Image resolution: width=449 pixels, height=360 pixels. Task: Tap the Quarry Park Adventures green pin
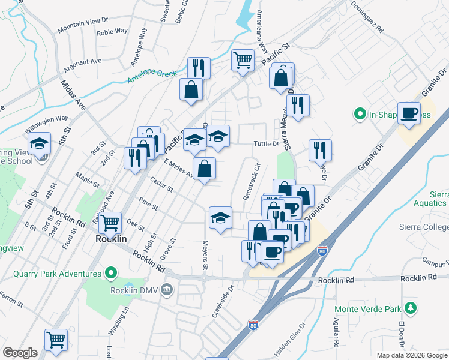110,274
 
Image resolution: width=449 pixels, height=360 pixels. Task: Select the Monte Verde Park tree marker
411,308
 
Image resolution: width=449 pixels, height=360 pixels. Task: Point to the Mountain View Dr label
83,26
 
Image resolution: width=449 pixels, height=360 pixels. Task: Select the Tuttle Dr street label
267,143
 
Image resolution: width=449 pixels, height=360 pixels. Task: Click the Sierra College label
424,227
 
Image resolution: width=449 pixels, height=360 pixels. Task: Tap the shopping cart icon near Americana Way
243,59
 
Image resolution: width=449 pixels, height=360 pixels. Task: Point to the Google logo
20,353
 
